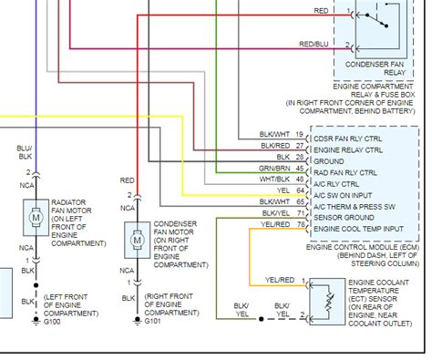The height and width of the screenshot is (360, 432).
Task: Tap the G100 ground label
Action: (51, 295)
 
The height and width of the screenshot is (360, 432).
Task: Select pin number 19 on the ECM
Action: (299, 136)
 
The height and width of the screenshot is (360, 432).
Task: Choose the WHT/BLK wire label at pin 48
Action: (276, 179)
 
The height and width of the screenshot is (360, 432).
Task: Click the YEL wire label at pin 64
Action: (283, 190)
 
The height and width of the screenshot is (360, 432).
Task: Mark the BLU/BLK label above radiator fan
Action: (24, 152)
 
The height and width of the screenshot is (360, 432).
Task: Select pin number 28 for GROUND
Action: (299, 157)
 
